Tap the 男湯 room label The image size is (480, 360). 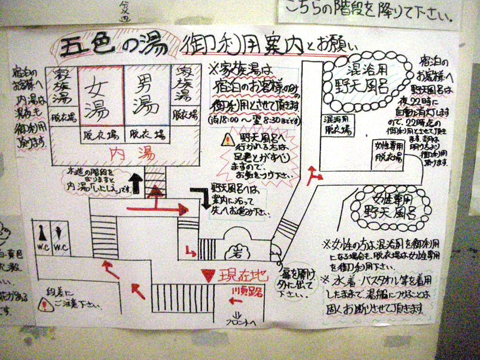[146, 95]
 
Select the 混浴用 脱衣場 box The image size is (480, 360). [337, 124]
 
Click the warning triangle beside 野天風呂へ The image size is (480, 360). [228, 139]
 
